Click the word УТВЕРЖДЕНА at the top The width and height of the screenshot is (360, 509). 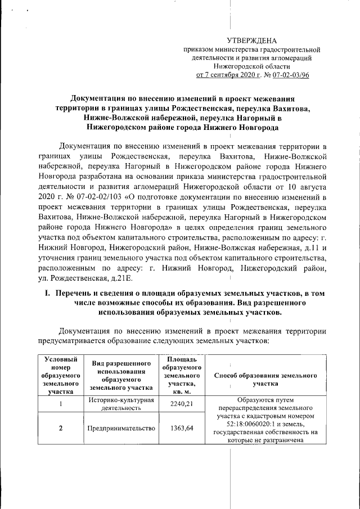tap(251, 40)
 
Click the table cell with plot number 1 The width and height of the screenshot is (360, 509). tap(60, 403)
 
